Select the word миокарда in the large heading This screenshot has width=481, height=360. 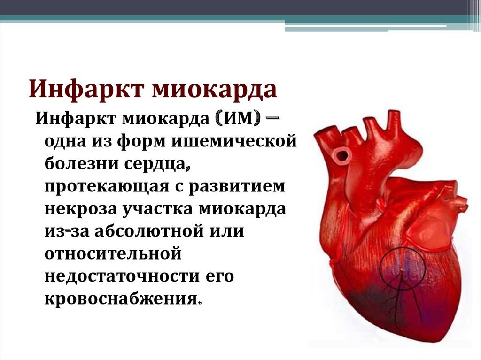(214, 89)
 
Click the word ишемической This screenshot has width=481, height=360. (234, 142)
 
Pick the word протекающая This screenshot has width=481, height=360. (107, 187)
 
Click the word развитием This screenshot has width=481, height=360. (237, 187)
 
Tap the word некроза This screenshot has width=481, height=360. (81, 209)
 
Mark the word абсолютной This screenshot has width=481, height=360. (149, 231)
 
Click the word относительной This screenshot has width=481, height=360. (113, 254)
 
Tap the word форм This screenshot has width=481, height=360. (141, 142)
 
